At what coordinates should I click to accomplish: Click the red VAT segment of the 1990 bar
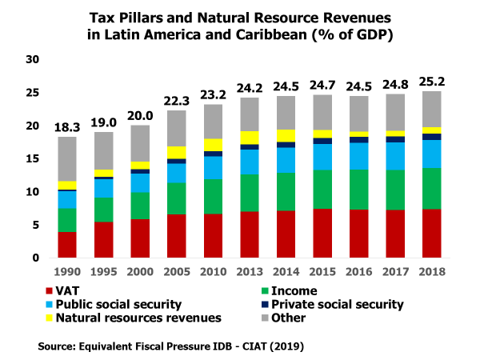(66, 244)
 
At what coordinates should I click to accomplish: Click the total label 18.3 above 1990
(66, 127)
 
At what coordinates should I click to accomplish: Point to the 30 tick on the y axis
(32, 60)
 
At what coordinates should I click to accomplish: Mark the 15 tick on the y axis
(32, 159)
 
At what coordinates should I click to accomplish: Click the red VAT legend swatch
(54, 291)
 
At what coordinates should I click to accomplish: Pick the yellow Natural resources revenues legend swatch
(54, 318)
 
